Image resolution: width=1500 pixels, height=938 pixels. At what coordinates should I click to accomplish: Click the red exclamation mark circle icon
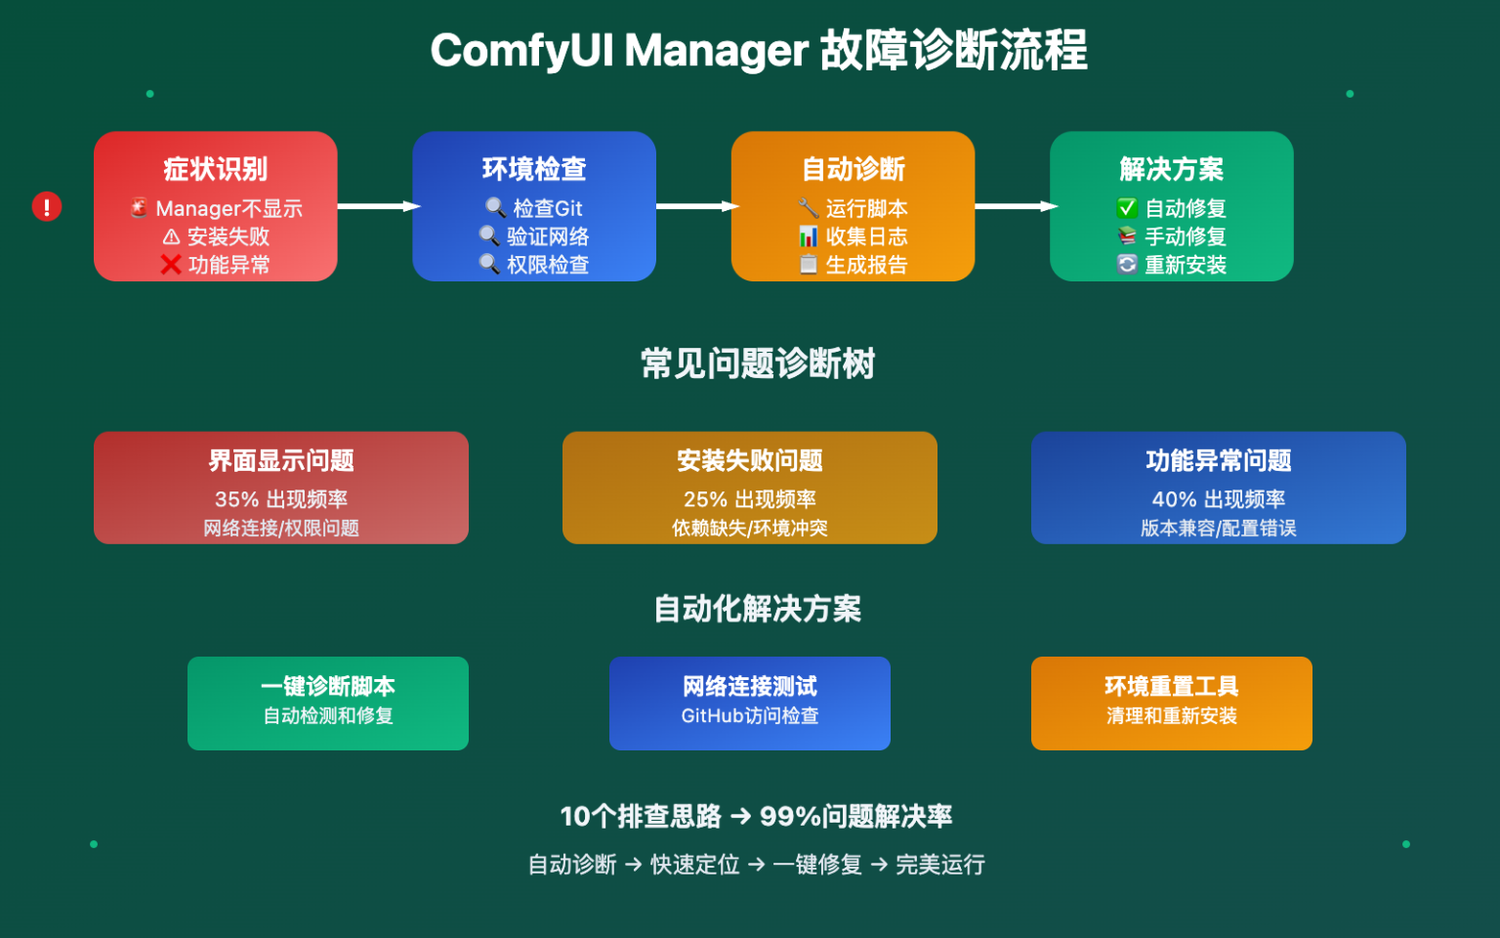point(46,206)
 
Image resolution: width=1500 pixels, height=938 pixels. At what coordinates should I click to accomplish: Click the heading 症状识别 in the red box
point(215,169)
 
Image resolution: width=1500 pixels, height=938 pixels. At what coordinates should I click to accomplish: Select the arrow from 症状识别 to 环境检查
point(376,206)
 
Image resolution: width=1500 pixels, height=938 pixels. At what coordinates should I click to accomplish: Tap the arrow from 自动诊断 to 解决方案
point(1014,206)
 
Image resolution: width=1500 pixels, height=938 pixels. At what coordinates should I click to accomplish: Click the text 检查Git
point(547,208)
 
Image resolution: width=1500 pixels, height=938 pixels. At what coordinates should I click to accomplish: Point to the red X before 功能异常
point(171,265)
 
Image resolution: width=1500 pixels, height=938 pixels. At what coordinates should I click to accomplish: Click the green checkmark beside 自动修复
point(1127,208)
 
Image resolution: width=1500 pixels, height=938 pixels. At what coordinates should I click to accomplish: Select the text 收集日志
point(866,236)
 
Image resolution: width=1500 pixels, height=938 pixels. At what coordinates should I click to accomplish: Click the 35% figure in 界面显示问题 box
point(236,499)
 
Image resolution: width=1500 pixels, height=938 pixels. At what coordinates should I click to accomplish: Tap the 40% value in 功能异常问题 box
point(1174,499)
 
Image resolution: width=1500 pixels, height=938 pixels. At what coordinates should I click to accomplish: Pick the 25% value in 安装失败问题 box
point(705,499)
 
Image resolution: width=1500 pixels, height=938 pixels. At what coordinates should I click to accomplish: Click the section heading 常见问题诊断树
point(758,363)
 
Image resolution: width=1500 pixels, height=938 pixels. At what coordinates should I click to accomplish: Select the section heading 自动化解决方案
point(758,609)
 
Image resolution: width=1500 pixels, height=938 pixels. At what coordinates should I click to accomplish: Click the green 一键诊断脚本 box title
point(328,686)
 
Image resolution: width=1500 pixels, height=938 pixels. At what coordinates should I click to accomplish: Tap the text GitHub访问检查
point(750,716)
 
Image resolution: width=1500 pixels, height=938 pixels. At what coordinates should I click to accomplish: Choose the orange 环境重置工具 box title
point(1171,686)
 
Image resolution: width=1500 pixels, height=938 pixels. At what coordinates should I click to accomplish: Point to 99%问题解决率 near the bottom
point(855,816)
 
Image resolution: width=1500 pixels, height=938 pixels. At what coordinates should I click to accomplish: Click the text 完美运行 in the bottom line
point(940,865)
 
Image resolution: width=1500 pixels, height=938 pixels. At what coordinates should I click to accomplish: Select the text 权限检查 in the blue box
point(547,265)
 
